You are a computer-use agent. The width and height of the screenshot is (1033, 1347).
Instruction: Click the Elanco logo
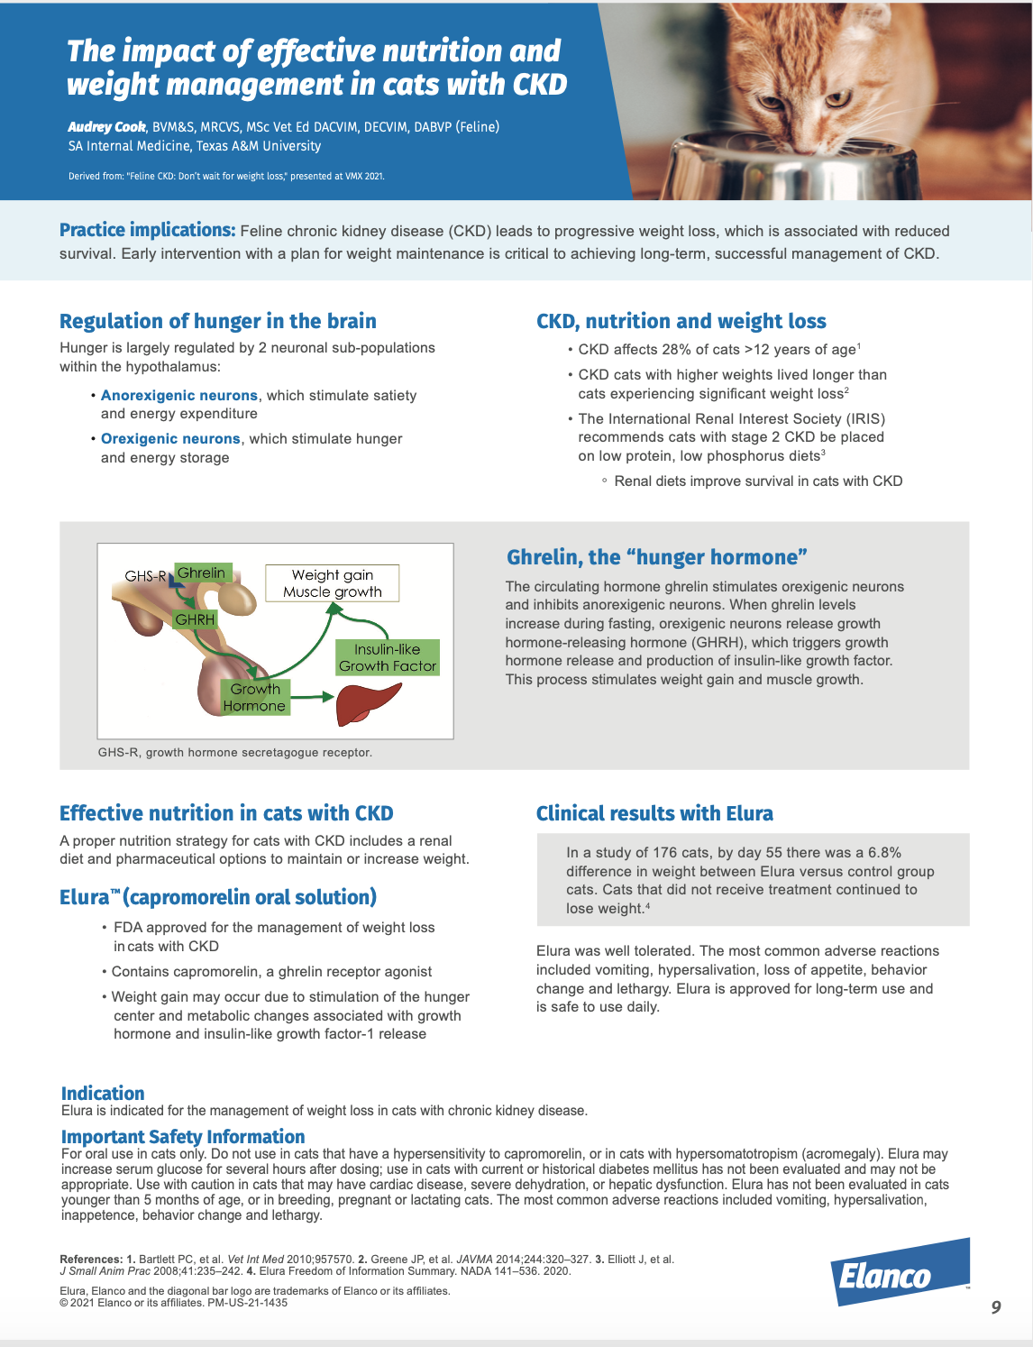899,1273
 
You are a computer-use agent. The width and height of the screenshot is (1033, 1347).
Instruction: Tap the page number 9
995,1306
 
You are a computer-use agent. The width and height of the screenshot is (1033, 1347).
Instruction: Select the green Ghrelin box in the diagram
202,573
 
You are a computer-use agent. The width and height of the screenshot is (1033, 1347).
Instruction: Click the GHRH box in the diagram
195,619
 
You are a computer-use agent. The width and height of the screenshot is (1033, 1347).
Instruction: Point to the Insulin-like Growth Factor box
388,657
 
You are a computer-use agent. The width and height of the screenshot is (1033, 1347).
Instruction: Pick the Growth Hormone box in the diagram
254,697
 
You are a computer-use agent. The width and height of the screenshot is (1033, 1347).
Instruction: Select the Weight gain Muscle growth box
333,583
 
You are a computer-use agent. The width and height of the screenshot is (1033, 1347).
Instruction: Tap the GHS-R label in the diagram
144,576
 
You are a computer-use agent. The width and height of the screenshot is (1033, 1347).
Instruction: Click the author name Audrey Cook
106,126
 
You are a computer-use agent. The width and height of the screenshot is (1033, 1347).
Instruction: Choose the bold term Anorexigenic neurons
179,395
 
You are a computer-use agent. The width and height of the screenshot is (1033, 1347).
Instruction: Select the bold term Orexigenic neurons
170,438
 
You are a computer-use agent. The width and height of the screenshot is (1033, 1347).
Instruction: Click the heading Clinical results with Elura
654,813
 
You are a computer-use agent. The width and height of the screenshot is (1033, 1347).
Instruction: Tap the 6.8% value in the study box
884,852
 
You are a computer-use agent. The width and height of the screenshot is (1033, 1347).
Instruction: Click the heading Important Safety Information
183,1136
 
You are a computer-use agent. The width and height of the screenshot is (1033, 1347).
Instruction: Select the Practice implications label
147,230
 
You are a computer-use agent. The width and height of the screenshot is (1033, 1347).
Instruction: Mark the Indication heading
103,1093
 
